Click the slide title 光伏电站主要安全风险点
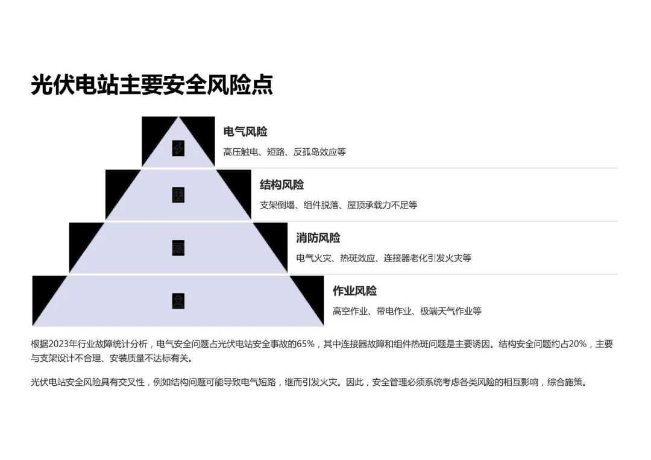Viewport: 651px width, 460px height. coord(152,85)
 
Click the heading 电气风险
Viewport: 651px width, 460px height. coord(245,132)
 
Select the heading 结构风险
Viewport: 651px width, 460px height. coord(281,185)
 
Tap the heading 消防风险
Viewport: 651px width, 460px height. coord(318,238)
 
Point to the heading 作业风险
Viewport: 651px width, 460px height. coord(354,291)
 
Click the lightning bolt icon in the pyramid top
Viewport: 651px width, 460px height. coord(178,148)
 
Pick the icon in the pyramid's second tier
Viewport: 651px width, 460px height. coord(178,195)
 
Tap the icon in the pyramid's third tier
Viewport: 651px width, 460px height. coord(178,248)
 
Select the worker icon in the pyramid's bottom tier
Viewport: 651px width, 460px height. coord(178,301)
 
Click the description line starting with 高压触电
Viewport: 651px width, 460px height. coord(285,152)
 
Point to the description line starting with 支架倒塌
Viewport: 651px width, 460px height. coord(338,205)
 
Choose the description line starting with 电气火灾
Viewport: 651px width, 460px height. coord(383,258)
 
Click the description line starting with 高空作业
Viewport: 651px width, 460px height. coord(407,311)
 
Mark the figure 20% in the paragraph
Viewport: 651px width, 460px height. coord(577,344)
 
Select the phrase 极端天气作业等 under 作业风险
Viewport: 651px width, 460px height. coord(451,311)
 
